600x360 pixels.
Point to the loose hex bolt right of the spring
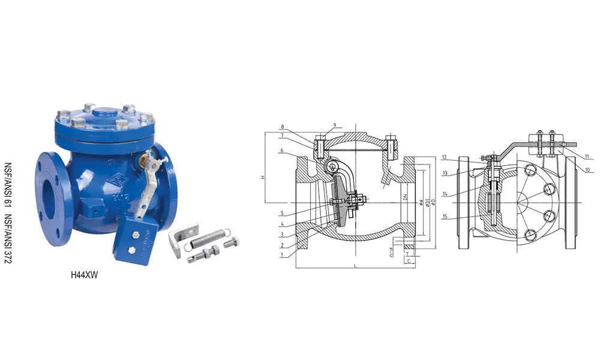coord(232,244)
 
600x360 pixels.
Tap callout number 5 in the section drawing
coord(283,213)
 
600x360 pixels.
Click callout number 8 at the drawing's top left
coord(283,127)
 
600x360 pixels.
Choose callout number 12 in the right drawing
coord(445,158)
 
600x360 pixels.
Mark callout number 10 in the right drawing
coord(587,170)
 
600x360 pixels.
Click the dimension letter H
coord(262,178)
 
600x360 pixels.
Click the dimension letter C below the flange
coord(408,262)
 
